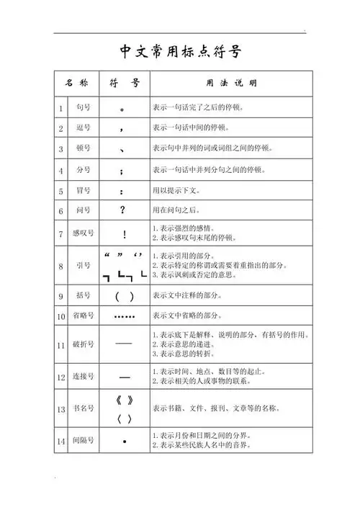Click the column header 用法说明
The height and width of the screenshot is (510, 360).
coord(230,83)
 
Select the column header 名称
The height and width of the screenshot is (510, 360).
coord(76,83)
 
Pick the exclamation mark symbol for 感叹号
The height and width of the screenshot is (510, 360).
coord(124,233)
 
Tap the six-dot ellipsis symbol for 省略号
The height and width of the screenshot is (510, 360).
coord(124,316)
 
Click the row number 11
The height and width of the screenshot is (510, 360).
coord(62,345)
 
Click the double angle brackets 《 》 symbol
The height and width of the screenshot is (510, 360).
coord(124,400)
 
